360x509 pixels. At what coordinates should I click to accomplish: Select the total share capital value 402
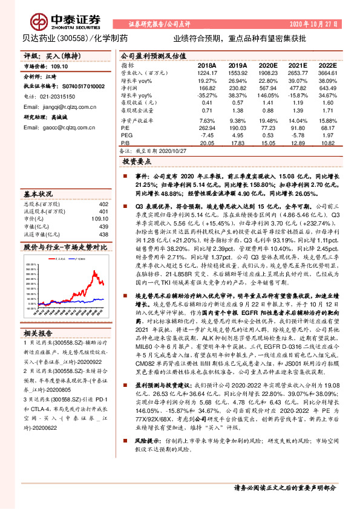click(103, 204)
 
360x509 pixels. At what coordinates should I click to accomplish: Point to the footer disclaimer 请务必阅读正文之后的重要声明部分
click(284, 488)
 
